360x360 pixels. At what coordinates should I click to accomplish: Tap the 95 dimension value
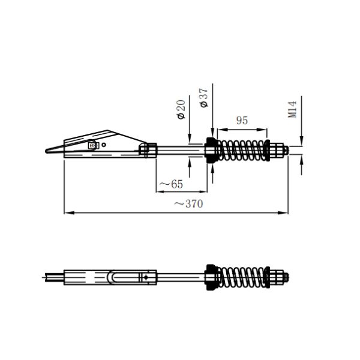point(242,120)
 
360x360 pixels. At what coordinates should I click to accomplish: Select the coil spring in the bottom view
point(243,277)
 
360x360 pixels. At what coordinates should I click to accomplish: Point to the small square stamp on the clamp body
point(92,145)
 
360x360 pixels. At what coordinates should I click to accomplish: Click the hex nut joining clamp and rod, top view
point(148,149)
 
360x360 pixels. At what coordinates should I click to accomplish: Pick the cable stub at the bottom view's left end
point(53,277)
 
